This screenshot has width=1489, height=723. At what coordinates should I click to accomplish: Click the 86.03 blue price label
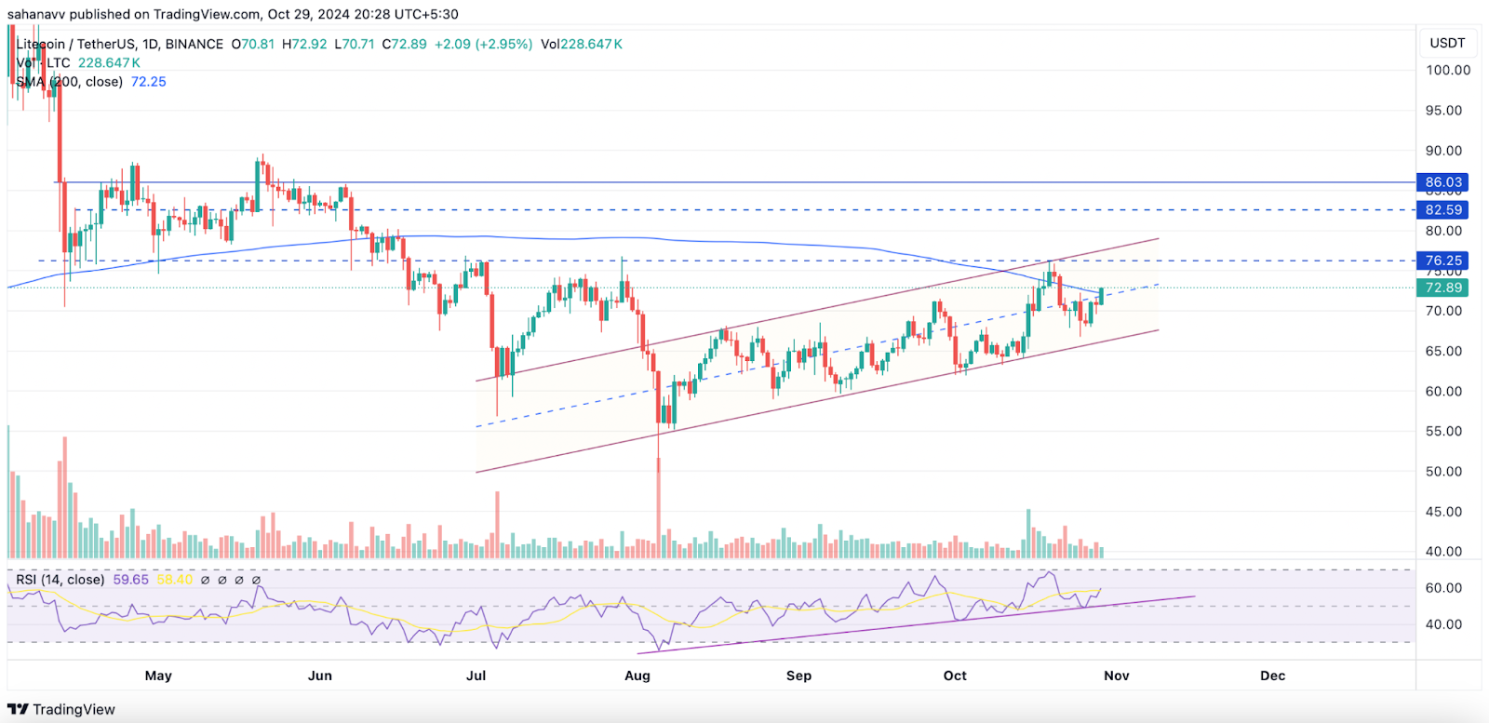[1443, 182]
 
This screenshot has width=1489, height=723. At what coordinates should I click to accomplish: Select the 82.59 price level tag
[1443, 210]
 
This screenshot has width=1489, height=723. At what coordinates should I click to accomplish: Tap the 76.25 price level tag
[1443, 261]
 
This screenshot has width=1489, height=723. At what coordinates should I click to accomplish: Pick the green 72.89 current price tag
[1443, 288]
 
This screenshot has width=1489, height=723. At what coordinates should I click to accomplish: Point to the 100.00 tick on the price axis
[1448, 70]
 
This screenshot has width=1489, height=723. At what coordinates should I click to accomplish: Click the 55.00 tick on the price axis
[1443, 432]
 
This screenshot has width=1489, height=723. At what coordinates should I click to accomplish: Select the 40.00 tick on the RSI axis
[1443, 624]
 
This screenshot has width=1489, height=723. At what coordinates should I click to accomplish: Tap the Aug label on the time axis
[637, 676]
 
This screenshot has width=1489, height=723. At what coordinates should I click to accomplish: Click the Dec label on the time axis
[1272, 676]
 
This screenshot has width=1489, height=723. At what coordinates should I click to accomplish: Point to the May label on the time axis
[158, 676]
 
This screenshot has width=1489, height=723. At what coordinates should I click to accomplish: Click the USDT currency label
[1447, 43]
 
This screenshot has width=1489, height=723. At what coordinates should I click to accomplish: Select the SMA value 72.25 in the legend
[149, 82]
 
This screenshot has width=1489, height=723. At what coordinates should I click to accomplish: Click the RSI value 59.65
[130, 580]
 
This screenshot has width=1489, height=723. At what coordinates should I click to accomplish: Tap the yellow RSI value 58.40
[174, 580]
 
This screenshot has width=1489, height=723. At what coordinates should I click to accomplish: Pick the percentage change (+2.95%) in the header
[503, 44]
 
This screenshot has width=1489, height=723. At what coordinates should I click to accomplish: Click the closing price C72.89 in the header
[405, 44]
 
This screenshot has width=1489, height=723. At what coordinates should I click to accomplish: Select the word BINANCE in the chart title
[195, 44]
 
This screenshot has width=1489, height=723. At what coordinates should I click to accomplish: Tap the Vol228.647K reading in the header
[582, 44]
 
